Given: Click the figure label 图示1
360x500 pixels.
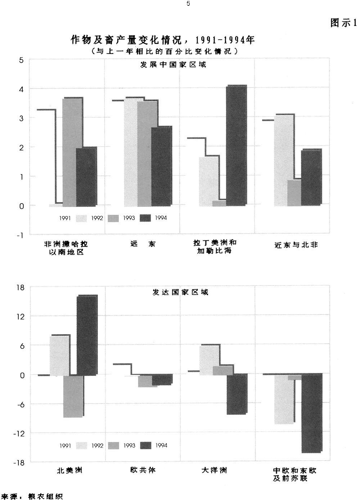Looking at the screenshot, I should click(x=343, y=23).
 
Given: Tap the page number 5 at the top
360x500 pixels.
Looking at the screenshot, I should click(x=188, y=4).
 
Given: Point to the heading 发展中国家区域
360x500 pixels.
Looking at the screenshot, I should click(x=173, y=65).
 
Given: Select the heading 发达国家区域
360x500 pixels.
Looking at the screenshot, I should click(x=180, y=292).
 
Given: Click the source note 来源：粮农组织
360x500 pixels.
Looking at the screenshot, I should click(x=32, y=496).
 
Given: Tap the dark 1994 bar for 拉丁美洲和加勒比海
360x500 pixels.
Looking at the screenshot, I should click(x=236, y=146).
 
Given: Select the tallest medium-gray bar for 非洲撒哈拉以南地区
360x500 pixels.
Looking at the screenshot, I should click(x=72, y=151).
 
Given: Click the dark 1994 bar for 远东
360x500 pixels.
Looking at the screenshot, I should click(x=161, y=166).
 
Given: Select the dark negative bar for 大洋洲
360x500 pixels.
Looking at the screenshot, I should click(x=237, y=394).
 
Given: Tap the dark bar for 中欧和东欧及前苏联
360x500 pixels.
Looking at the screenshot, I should click(x=312, y=413).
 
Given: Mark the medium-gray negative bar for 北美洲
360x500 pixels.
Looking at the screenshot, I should click(x=73, y=396).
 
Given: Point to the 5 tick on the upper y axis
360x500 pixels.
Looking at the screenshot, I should click(x=21, y=60).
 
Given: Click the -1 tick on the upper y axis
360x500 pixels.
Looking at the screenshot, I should click(x=20, y=235).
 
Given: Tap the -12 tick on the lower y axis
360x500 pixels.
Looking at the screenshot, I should click(x=19, y=433).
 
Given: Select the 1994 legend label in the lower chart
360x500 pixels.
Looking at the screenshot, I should click(x=161, y=446).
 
